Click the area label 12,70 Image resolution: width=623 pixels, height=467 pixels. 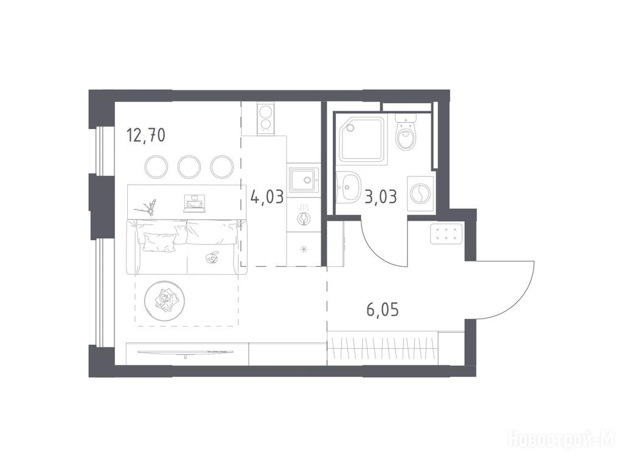pyautogui.click(x=146, y=135)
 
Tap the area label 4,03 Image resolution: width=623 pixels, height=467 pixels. pyautogui.click(x=268, y=196)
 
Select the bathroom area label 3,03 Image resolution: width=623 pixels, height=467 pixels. pyautogui.click(x=381, y=196)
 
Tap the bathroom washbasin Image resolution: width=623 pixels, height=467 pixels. pyautogui.click(x=348, y=187)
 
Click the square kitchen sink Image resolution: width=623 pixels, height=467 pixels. pyautogui.click(x=304, y=180)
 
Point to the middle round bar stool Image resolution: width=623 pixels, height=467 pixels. pyautogui.click(x=189, y=167)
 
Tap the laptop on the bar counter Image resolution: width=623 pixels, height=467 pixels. pyautogui.click(x=195, y=203)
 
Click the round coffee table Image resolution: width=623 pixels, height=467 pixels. pyautogui.click(x=164, y=299)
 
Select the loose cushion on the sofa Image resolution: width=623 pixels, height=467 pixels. pyautogui.click(x=159, y=242)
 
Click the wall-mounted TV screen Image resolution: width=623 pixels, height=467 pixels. pyautogui.click(x=186, y=353)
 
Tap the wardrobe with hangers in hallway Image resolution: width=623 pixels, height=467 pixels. pyautogui.click(x=383, y=347)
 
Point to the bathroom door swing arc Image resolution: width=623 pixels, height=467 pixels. pyautogui.click(x=374, y=251)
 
